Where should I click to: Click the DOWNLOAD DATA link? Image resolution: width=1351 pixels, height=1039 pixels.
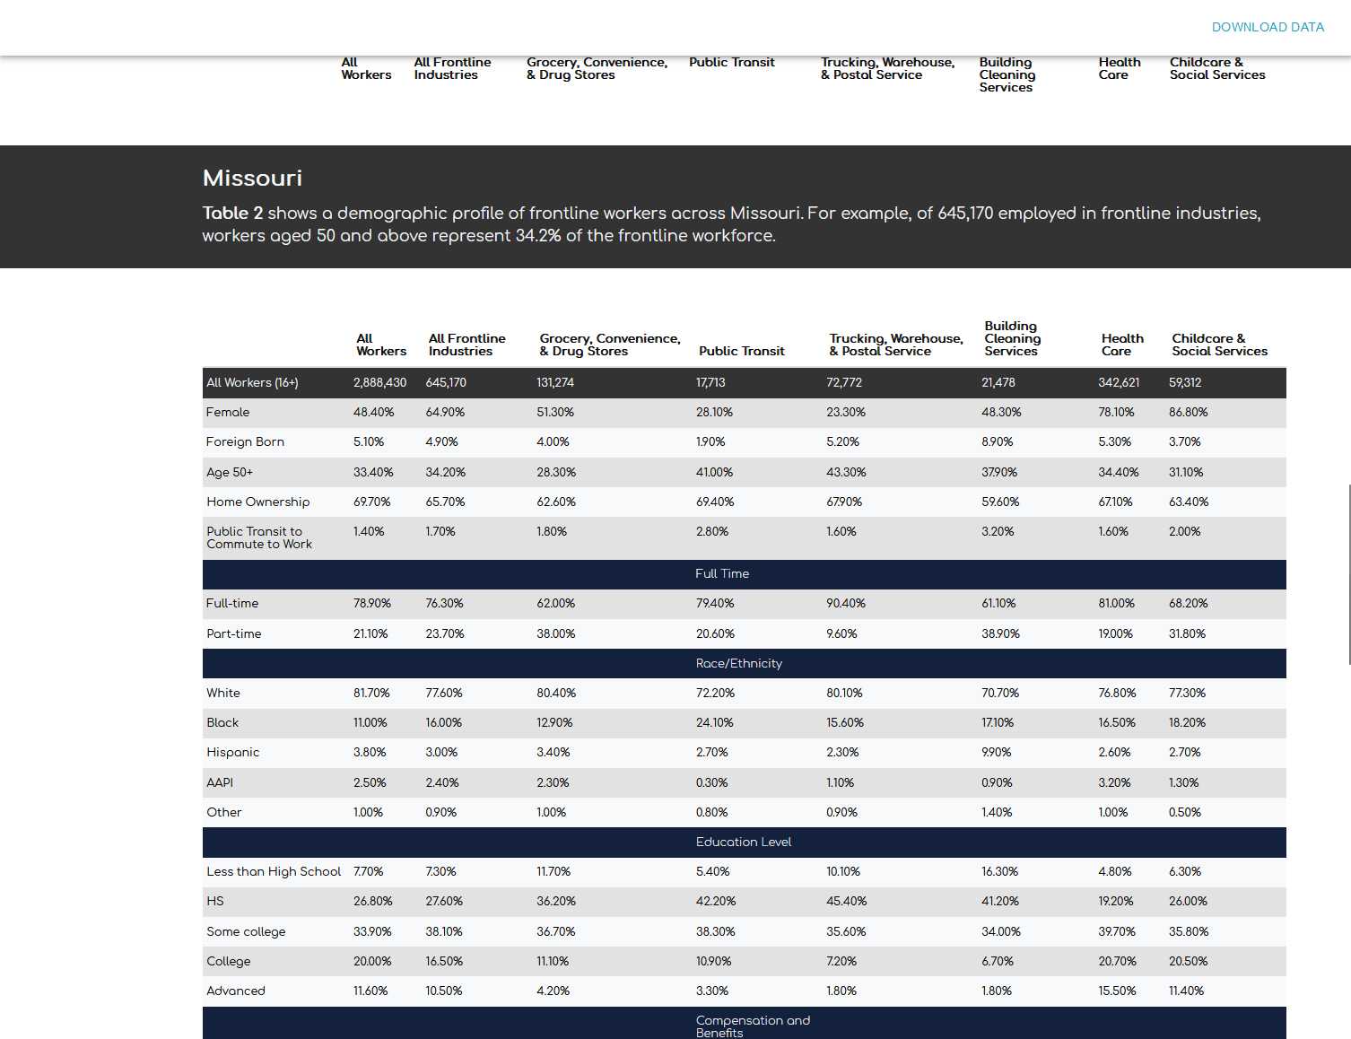(x=1268, y=27)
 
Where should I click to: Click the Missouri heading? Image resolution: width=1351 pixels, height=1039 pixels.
(x=252, y=178)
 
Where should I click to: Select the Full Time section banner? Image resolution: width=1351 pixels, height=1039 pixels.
(x=722, y=574)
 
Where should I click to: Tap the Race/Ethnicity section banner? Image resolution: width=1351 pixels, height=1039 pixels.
(x=739, y=664)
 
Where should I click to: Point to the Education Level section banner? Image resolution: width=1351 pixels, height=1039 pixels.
(x=744, y=843)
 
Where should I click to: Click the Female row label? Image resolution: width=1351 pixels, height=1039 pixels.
(x=228, y=413)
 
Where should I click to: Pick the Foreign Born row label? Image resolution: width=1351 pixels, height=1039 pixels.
(x=245, y=442)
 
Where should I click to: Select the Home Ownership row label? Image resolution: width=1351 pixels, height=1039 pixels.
(x=258, y=502)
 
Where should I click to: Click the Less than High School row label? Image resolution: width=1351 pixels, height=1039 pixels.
(x=274, y=872)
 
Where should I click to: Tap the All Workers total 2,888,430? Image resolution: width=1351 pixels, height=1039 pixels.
(x=379, y=383)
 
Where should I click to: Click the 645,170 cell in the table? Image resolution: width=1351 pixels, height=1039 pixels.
(x=446, y=383)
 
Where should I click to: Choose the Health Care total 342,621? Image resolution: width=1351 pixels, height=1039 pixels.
(x=1119, y=383)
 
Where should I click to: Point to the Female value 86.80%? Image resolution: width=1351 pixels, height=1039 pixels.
(x=1189, y=413)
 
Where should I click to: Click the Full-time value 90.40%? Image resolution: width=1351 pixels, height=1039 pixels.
(x=846, y=604)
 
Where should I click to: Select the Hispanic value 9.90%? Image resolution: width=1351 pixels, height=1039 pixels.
(x=997, y=753)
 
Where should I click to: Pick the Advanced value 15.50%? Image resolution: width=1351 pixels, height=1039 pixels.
(x=1118, y=991)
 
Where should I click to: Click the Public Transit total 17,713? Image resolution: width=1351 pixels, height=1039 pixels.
(x=710, y=383)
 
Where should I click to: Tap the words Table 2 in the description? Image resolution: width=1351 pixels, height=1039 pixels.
(x=232, y=214)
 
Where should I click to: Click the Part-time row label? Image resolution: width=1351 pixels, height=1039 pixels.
(x=234, y=634)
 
